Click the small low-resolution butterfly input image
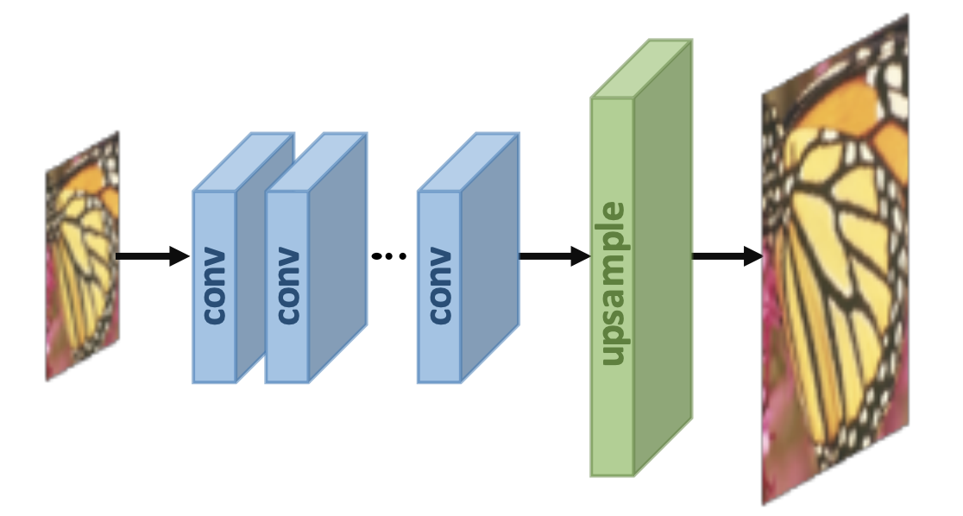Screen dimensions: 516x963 (x=83, y=256)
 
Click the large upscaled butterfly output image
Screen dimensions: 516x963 (x=834, y=259)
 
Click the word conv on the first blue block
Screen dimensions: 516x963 (x=214, y=286)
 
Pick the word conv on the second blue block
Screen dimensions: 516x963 (x=287, y=286)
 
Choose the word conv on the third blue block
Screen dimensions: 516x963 (x=440, y=286)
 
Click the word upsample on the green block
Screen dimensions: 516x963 (x=613, y=285)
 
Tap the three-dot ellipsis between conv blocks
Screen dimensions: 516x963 (x=388, y=255)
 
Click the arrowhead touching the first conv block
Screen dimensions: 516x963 (x=179, y=255)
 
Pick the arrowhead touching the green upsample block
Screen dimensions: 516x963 (x=581, y=255)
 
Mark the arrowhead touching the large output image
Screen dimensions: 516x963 (x=752, y=255)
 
